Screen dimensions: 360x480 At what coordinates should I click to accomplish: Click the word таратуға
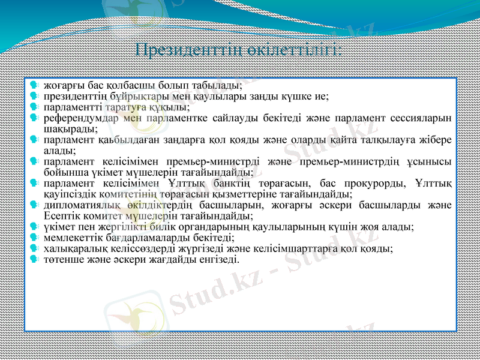pyautogui.click(x=122, y=107)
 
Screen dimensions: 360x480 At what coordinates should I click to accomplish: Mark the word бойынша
pyautogui.click(x=62, y=172)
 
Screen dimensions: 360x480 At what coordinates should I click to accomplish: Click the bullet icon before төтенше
pyautogui.click(x=35, y=259)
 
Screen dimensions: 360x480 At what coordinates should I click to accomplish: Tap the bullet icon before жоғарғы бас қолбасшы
pyautogui.click(x=35, y=85)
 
